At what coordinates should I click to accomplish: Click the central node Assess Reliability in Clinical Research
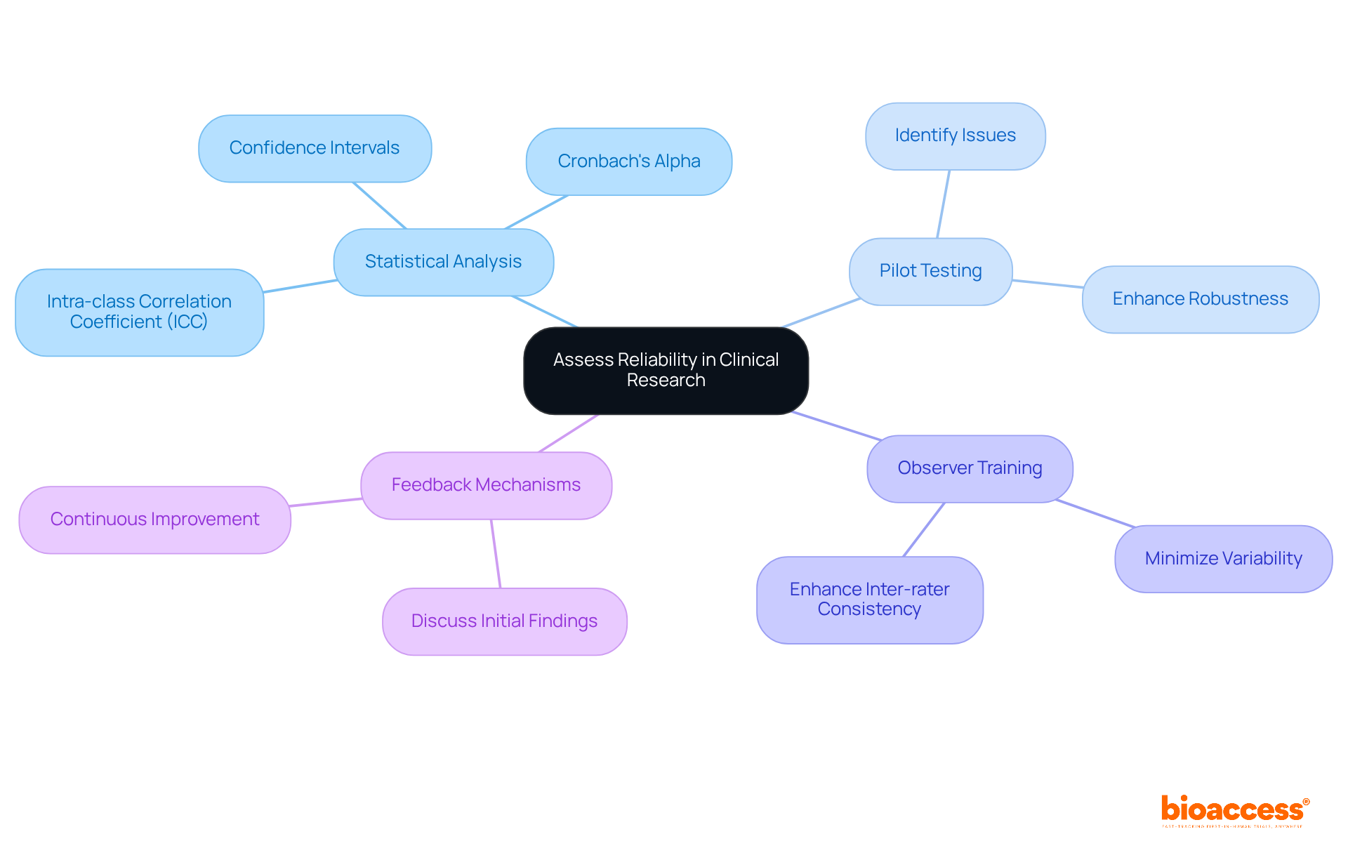(666, 370)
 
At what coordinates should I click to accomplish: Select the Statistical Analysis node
(443, 262)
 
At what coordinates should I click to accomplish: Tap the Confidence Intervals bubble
(315, 148)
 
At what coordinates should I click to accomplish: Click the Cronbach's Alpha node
(628, 161)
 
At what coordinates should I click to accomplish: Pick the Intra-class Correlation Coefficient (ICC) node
(139, 312)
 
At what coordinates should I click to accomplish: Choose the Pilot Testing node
(930, 271)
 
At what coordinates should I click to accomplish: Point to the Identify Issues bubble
(955, 135)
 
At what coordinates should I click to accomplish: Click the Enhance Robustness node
(1200, 299)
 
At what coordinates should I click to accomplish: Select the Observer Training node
(970, 468)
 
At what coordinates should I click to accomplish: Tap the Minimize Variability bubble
(1223, 559)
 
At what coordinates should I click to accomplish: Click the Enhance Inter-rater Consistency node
(869, 600)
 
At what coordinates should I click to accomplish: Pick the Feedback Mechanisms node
(486, 485)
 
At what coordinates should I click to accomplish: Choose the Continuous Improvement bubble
(154, 520)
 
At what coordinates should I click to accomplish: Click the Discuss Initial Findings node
(504, 621)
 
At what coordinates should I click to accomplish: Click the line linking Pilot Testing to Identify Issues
(943, 204)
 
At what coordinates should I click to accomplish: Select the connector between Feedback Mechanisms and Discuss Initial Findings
(496, 553)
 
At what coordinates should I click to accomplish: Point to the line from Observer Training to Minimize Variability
(1095, 513)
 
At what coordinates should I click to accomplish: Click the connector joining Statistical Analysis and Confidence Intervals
(379, 205)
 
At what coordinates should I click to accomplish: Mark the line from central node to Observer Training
(835, 425)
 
